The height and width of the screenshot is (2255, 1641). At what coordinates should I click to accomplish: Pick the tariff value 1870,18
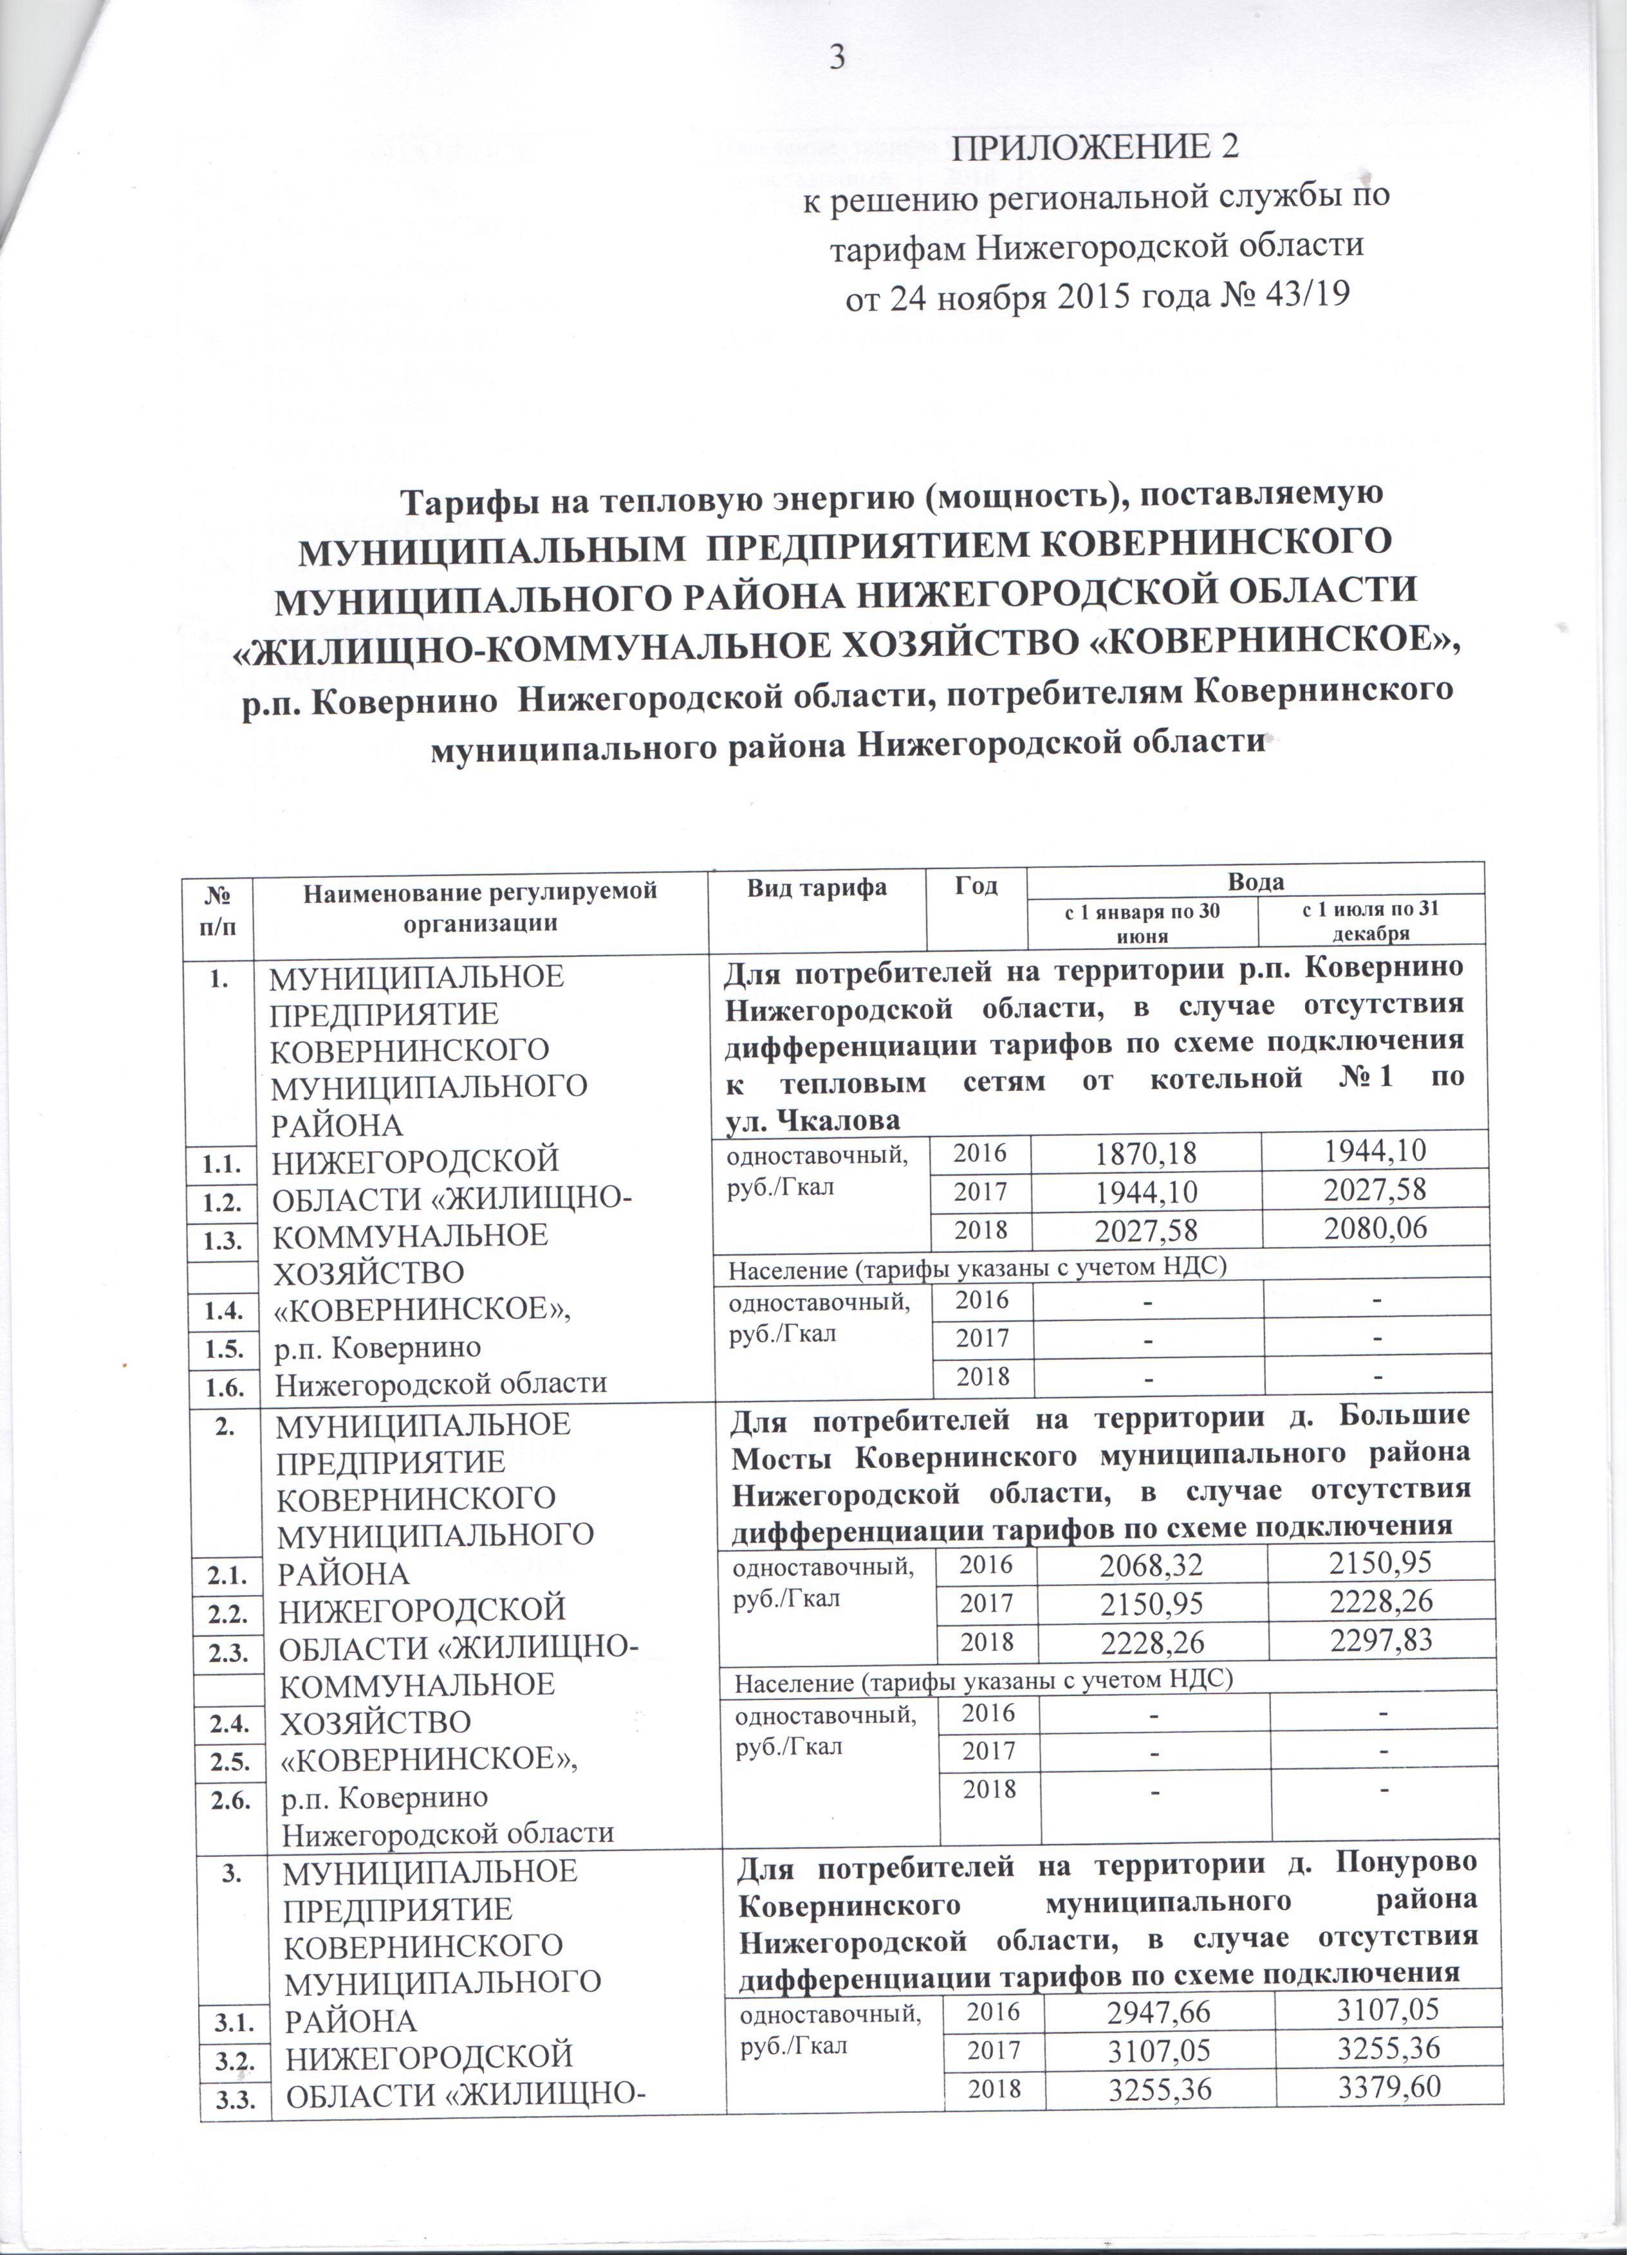pyautogui.click(x=1145, y=1155)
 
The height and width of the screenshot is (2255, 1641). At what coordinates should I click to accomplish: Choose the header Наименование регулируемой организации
pyautogui.click(x=480, y=905)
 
